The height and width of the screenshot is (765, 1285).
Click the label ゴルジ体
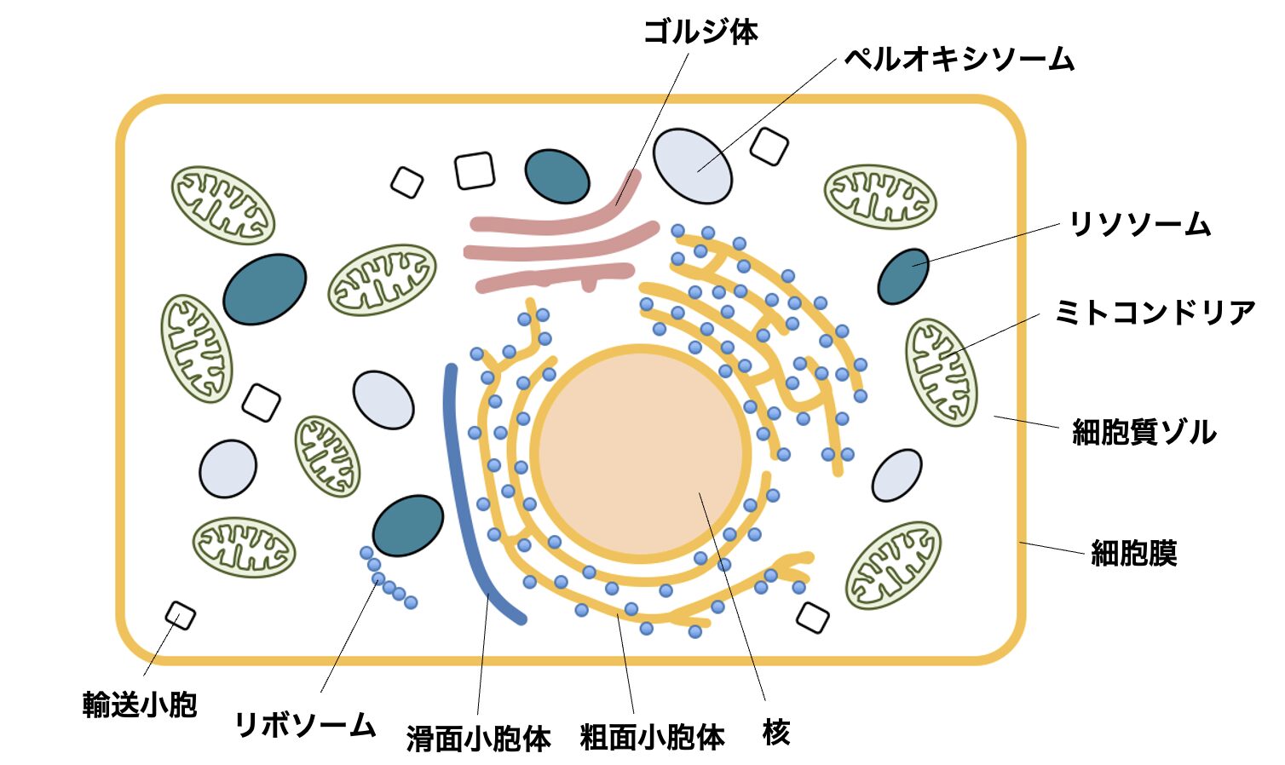[700, 32]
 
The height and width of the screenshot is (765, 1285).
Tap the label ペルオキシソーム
[959, 59]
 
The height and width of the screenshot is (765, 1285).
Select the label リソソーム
[1139, 224]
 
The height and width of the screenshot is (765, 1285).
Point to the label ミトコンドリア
[1155, 313]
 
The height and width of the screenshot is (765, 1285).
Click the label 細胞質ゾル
[1144, 432]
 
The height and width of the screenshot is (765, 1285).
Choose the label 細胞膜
[1133, 554]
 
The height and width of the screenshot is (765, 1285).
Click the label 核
[775, 732]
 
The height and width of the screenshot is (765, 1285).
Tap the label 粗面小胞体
[652, 737]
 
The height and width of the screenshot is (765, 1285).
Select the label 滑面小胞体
[478, 738]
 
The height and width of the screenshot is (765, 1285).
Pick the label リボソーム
[304, 725]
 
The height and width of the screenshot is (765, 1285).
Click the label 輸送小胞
[140, 705]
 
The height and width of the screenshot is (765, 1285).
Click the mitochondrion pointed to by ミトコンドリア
[941, 372]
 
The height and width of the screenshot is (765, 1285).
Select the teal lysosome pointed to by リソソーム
[903, 276]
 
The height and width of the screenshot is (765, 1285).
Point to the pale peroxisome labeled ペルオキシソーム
[692, 166]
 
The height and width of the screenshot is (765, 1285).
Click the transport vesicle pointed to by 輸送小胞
[180, 615]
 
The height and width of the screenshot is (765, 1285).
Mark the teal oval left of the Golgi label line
[556, 176]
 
